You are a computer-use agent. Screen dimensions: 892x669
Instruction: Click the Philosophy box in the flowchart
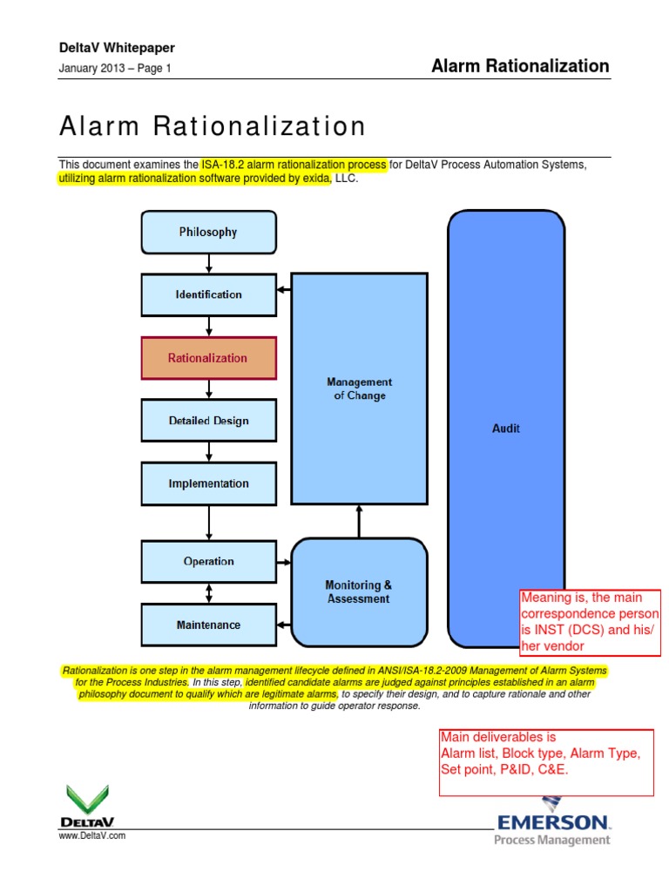[208, 232]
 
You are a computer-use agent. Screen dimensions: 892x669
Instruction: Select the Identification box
[208, 294]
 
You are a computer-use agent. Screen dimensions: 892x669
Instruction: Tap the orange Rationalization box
[208, 358]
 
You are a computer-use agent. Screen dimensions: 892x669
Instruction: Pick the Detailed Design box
[208, 421]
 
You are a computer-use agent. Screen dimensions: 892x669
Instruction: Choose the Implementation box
[208, 483]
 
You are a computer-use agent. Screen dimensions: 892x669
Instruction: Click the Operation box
[208, 562]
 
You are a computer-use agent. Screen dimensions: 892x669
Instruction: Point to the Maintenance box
[208, 625]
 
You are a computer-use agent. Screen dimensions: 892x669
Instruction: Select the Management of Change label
[359, 389]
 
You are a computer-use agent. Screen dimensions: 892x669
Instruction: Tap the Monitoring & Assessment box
[359, 592]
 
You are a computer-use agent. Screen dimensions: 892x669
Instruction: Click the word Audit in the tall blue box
[506, 429]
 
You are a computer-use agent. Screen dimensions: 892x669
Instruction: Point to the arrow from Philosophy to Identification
[208, 263]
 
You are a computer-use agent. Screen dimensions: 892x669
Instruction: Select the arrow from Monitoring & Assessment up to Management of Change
[359, 521]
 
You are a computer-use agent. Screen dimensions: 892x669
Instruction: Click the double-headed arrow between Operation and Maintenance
[208, 593]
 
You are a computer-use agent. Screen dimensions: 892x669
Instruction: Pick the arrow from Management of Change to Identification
[283, 291]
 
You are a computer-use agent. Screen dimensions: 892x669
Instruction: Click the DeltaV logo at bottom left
[87, 806]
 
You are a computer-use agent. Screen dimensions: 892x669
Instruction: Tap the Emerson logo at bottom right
[553, 822]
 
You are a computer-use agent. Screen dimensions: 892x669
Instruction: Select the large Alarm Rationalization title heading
[213, 127]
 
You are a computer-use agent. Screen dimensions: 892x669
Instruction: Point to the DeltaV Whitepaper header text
[117, 49]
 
